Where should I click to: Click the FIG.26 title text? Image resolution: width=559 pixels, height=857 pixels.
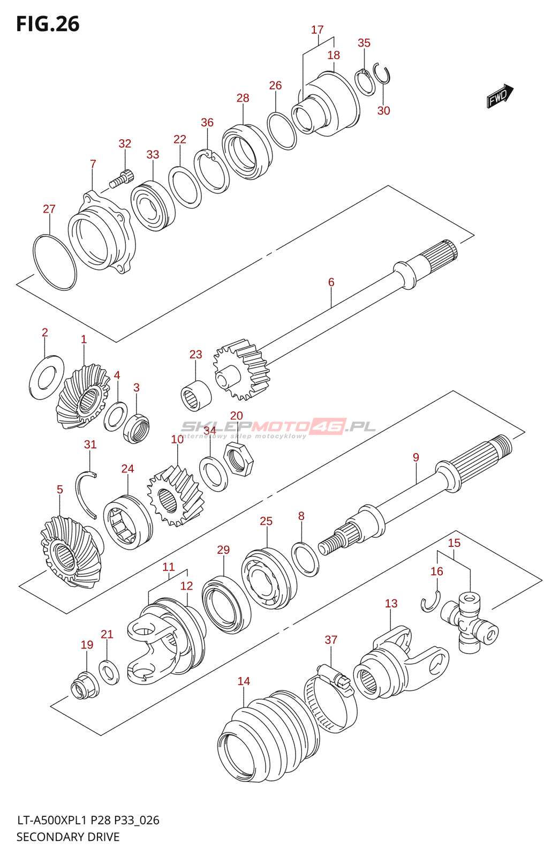tap(48, 24)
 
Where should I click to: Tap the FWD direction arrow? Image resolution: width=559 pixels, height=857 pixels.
tap(500, 96)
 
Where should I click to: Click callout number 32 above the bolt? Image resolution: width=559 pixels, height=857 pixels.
tap(125, 144)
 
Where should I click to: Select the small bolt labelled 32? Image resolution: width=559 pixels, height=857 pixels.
tap(122, 179)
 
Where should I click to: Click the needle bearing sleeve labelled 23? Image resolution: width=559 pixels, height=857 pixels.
tap(196, 396)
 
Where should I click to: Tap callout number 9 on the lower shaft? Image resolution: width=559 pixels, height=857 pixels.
tap(416, 457)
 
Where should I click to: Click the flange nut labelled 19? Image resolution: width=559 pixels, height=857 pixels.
tap(85, 685)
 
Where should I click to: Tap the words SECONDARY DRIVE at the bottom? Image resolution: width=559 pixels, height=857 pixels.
tap(68, 837)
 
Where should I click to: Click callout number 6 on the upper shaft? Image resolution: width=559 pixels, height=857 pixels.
tap(331, 282)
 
